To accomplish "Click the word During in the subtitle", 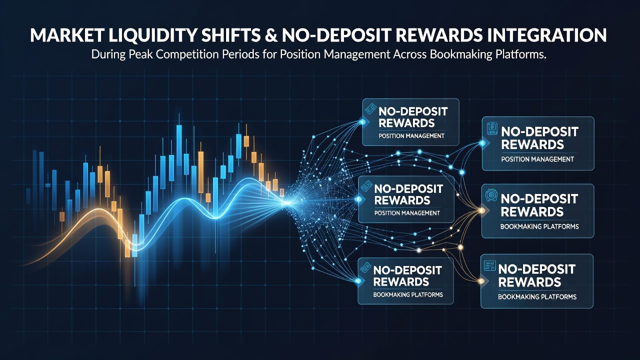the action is point(108,54).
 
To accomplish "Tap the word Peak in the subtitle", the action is point(141,54).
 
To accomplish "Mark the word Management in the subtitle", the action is point(357,55).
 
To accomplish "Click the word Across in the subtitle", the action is point(410,54).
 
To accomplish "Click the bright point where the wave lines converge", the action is point(286,202).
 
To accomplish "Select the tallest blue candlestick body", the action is point(179,145).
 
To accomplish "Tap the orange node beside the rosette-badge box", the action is point(481,211).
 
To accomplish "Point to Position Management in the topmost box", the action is point(411,136).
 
